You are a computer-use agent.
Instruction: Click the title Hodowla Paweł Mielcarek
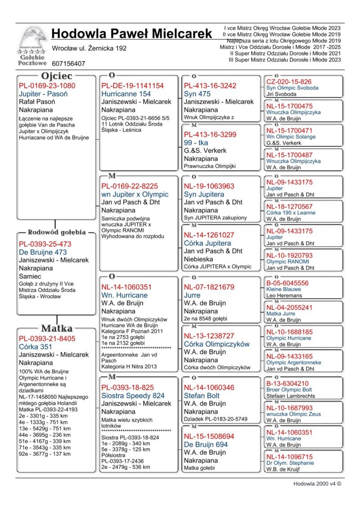point(132,33)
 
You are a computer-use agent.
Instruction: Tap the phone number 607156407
point(68,64)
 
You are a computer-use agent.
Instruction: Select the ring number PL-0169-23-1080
point(47,86)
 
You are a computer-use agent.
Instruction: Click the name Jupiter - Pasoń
point(43,94)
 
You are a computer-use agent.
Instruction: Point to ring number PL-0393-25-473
point(45,244)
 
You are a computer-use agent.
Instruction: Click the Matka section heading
point(57,328)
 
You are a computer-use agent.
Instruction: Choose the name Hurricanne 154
point(126,94)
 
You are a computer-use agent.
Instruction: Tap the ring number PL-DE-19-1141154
point(133,86)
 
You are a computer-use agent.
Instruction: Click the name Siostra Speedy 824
point(133,396)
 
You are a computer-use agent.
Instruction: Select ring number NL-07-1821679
point(209,287)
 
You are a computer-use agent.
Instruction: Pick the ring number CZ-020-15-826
point(288,81)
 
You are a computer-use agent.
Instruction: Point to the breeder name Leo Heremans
point(284,296)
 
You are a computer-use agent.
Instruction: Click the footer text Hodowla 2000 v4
point(317,484)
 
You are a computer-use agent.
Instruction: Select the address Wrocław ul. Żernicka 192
point(89,48)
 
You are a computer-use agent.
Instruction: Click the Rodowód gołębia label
point(57,232)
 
